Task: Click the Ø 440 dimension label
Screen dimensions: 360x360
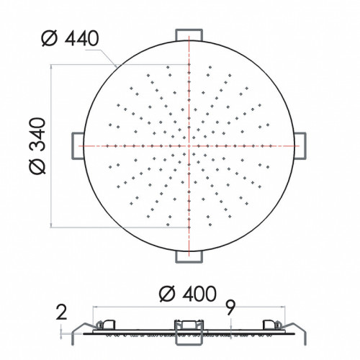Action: pos(70,38)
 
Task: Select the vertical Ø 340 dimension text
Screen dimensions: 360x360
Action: pos(37,145)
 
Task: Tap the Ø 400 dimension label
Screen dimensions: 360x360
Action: pos(188,293)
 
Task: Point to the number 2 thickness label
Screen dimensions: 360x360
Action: pos(61,312)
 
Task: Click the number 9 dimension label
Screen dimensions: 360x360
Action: pos(230,307)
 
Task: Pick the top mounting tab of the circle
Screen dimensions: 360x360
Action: pos(189,35)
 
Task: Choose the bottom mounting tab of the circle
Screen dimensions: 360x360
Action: pos(189,257)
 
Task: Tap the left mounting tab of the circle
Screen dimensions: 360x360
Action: pos(78,146)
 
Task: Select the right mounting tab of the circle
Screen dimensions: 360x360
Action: pos(300,146)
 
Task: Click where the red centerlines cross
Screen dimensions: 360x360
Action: pos(189,145)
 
